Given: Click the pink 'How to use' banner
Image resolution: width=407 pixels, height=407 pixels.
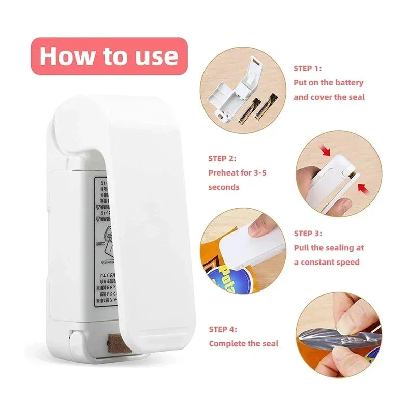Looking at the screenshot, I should point(109,56).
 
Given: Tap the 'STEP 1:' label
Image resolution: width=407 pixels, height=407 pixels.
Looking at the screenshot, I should point(308,68).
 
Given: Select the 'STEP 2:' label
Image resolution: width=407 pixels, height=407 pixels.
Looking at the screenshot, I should point(222,159).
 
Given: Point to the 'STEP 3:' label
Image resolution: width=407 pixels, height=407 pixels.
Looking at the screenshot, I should point(308,234).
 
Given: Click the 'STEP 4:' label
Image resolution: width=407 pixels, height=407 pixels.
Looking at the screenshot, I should point(222,329).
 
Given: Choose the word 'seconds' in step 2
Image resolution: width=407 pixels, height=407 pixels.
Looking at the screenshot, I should point(223,187).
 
